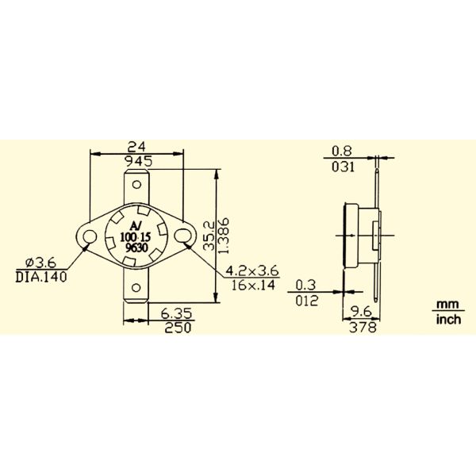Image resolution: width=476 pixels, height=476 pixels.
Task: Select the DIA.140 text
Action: tap(41, 277)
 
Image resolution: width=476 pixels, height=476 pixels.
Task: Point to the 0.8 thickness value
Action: tap(342, 150)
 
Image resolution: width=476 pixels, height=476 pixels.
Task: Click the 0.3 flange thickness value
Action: tap(305, 285)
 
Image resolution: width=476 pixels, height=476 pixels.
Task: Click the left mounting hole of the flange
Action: tap(86, 236)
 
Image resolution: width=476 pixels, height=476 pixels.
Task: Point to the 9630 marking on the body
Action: tap(139, 248)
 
